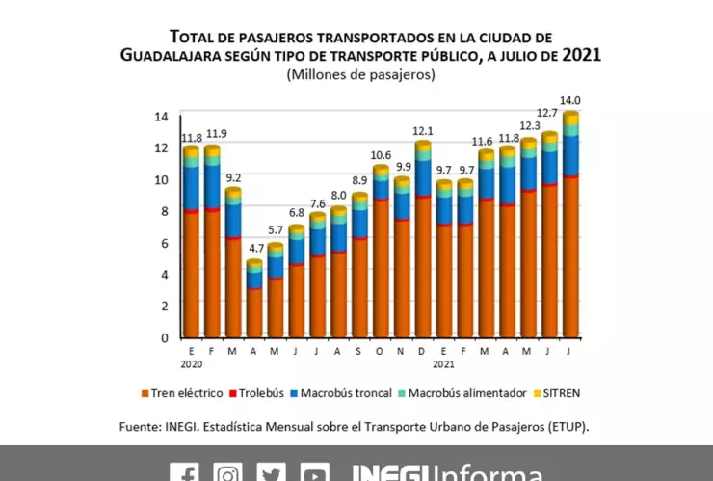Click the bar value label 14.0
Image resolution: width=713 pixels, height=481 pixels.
click(571, 100)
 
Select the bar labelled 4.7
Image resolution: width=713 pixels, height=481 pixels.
click(254, 299)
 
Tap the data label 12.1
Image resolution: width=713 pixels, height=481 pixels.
click(423, 131)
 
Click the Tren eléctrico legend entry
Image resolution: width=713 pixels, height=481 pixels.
click(182, 393)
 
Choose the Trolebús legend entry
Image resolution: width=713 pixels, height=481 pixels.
click(260, 393)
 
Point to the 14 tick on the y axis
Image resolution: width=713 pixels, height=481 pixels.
click(161, 116)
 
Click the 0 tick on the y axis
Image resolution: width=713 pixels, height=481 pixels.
click(165, 337)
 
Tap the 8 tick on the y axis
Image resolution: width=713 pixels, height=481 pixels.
click(165, 211)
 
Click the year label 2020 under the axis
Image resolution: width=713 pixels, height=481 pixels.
click(191, 365)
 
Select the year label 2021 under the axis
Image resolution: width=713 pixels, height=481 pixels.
click(444, 365)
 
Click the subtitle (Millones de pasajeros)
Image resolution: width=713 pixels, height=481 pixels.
click(360, 74)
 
